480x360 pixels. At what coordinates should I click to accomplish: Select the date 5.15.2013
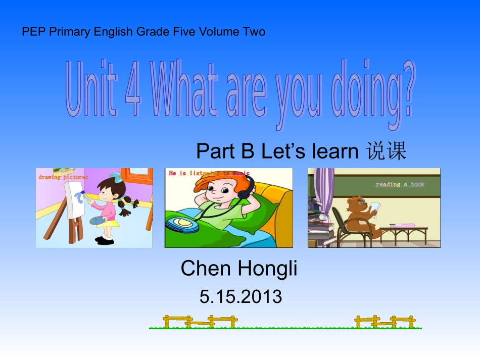(241, 296)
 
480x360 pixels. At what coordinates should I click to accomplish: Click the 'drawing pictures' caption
(63, 177)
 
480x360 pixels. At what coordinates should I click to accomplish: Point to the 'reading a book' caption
(400, 184)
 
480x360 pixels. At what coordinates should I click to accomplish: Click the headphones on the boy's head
(247, 189)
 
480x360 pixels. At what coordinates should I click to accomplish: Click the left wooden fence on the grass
(200, 322)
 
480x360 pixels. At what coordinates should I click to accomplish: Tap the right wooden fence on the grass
(385, 322)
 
